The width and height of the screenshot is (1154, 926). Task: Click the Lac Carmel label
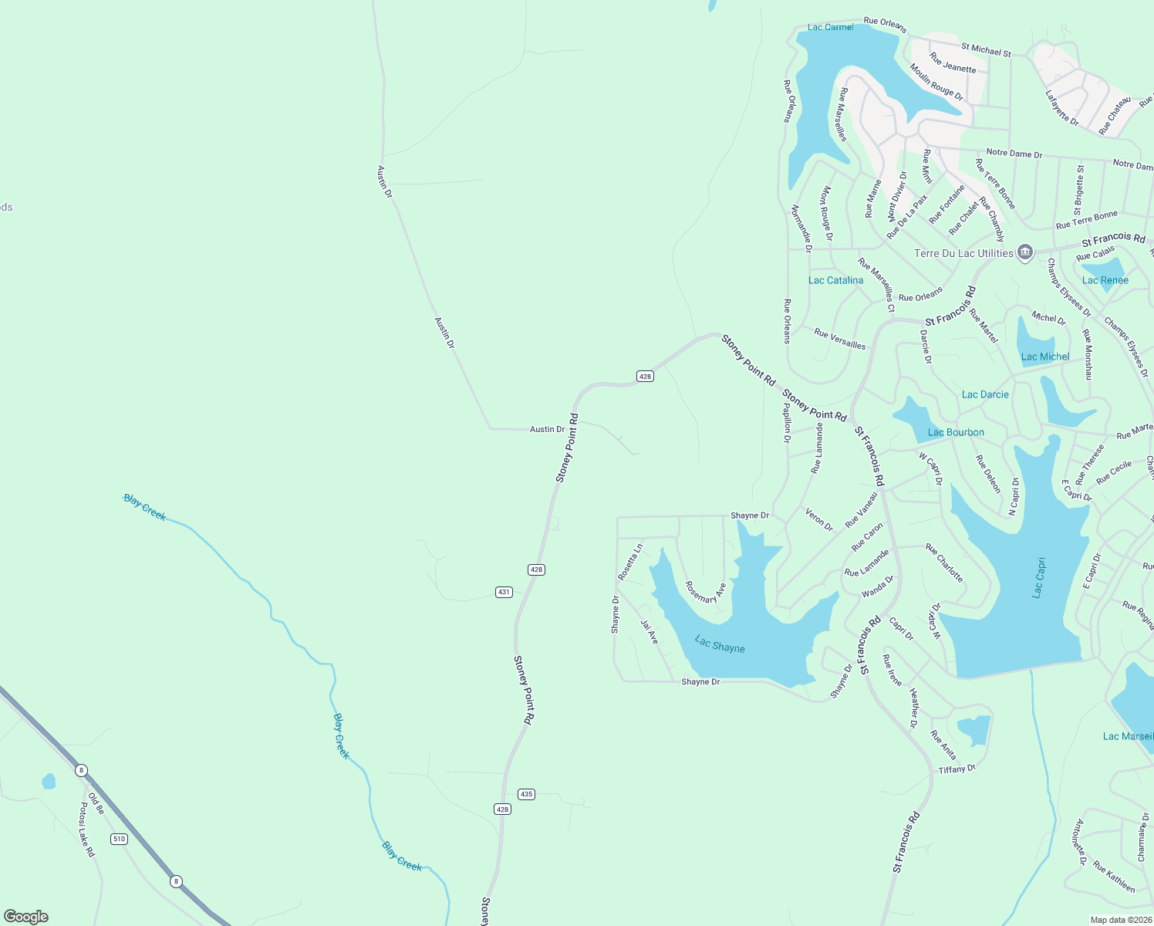(830, 27)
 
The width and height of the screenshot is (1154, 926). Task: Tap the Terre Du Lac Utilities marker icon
(1024, 252)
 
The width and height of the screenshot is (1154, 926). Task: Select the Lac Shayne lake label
(720, 644)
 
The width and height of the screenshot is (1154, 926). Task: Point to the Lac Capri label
(1038, 578)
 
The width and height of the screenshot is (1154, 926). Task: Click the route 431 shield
(504, 592)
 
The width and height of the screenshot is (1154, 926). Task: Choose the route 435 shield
(526, 794)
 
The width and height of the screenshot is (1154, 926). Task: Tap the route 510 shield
(118, 839)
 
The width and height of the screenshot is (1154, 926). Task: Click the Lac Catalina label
(835, 280)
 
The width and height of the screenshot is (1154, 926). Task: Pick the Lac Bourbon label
(956, 432)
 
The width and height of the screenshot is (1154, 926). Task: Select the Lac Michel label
(1045, 357)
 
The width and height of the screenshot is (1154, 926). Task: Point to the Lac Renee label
(1105, 280)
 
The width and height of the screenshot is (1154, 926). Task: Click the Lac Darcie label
(985, 394)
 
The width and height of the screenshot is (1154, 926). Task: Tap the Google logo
(26, 916)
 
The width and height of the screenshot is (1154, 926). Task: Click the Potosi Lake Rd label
(86, 830)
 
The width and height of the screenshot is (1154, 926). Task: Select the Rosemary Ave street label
(705, 593)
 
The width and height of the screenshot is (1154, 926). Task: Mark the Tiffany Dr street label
(957, 769)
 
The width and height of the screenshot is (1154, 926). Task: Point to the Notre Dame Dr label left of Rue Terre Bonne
(1014, 154)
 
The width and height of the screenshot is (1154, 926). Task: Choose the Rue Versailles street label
(839, 339)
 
